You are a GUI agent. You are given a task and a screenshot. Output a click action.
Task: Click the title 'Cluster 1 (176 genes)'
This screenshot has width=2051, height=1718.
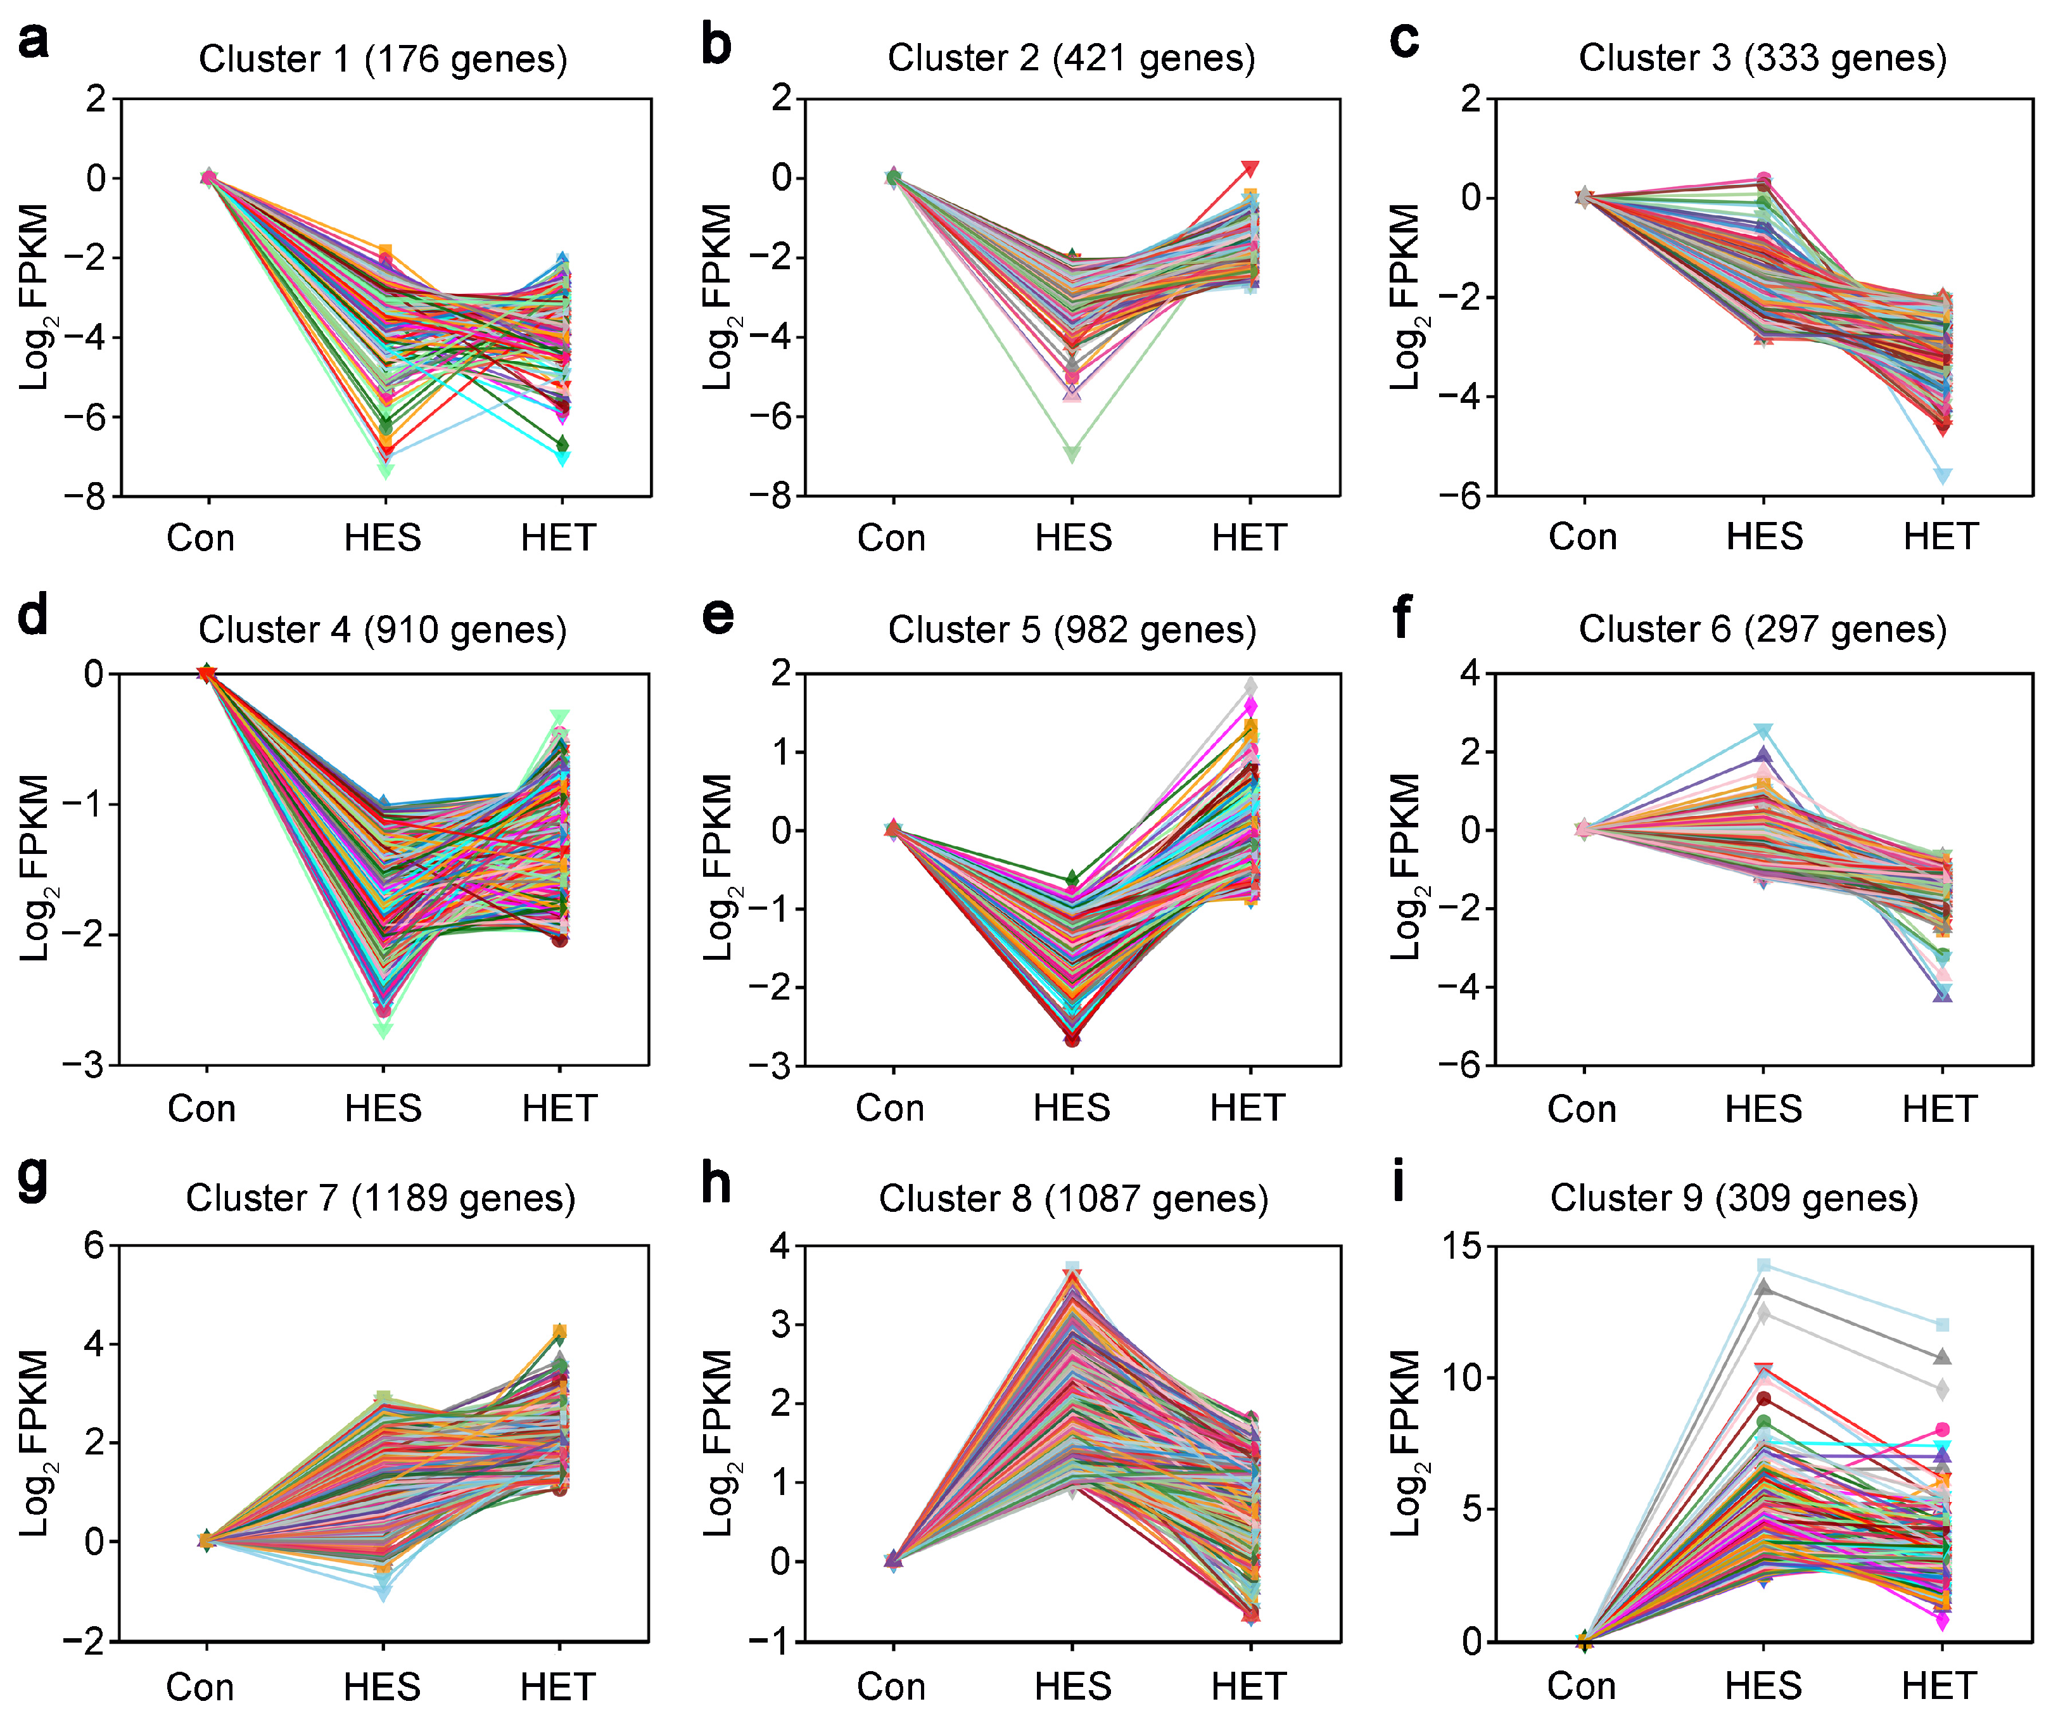click(x=383, y=60)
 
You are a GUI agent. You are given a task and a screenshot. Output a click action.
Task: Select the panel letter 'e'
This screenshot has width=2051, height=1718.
click(x=718, y=616)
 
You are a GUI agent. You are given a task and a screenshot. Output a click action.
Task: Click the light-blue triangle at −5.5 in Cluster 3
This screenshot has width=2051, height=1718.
click(x=1943, y=476)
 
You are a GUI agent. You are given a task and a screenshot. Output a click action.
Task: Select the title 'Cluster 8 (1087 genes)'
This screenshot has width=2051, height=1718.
click(x=1074, y=1199)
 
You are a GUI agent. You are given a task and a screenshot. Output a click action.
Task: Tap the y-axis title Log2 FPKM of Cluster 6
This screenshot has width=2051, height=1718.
click(x=1404, y=867)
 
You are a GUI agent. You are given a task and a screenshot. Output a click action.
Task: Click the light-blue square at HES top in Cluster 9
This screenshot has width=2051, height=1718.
click(x=1764, y=1266)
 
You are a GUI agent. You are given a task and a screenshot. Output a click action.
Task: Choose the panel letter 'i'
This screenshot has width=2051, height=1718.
click(x=1399, y=1183)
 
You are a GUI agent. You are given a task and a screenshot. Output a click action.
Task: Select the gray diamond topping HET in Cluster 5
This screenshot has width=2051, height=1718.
click(x=1250, y=687)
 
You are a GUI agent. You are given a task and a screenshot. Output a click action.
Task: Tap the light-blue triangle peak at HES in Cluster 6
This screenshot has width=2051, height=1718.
click(x=1764, y=730)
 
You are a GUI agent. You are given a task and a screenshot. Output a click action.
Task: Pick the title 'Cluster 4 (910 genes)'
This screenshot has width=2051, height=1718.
click(x=383, y=630)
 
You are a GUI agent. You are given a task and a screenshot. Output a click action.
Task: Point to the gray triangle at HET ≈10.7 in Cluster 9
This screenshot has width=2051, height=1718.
click(x=1943, y=1357)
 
